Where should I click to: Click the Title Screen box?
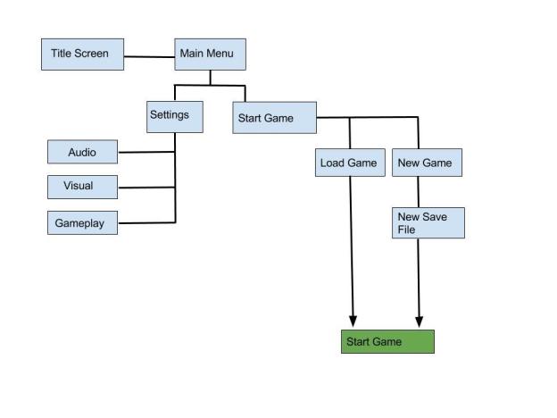coord(82,54)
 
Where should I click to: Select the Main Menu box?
coord(209,54)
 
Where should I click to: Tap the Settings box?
coord(174,116)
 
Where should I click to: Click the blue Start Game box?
coord(275,119)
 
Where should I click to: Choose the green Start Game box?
coord(387,342)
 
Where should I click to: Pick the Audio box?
coord(82,153)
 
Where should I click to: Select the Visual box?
coord(82,188)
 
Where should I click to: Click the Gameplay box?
coord(82,223)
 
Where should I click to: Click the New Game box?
coord(427,163)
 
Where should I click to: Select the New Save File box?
coord(428,223)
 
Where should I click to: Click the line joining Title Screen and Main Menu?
coord(148,57)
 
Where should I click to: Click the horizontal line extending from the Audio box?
coord(146,152)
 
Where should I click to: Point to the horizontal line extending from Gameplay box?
coord(146,222)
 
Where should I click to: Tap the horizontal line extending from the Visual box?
coord(146,188)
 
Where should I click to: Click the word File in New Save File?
coord(406,230)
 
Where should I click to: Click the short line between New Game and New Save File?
coord(419,192)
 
